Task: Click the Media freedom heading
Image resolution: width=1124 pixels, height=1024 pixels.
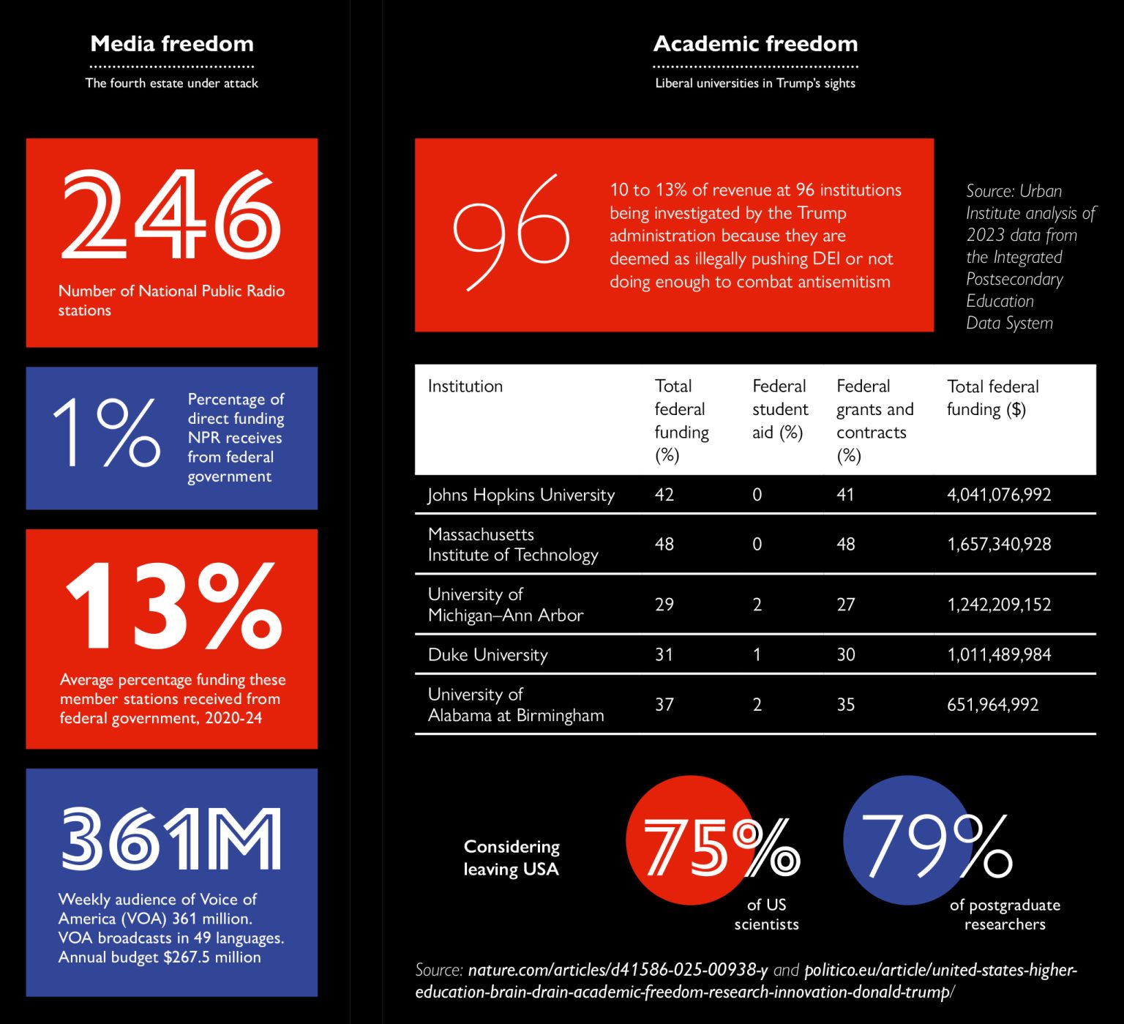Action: [172, 44]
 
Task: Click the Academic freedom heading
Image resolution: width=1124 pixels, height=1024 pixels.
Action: [755, 44]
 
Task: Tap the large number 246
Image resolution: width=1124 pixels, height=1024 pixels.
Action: [171, 214]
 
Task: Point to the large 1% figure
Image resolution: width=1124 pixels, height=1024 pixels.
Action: [107, 432]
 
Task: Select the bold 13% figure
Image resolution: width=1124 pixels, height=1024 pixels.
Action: [174, 606]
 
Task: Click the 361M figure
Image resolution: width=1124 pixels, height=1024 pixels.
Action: [171, 839]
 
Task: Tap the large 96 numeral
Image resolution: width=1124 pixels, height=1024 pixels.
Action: [511, 231]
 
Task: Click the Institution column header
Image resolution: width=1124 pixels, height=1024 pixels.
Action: [465, 386]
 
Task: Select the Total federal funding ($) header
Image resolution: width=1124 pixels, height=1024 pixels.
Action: [992, 397]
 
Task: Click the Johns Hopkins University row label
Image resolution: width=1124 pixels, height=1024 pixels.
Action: [521, 495]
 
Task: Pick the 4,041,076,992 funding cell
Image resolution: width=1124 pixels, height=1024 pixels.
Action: [999, 495]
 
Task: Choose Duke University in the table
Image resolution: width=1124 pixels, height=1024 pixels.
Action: [487, 654]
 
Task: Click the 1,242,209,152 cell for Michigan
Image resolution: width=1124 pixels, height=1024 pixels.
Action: [999, 605]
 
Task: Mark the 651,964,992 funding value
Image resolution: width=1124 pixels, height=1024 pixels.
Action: [992, 705]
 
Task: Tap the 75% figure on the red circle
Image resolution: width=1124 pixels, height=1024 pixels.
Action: [721, 848]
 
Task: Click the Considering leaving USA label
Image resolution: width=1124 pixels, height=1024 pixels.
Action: [512, 858]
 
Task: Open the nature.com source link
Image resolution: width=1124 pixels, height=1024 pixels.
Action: [618, 970]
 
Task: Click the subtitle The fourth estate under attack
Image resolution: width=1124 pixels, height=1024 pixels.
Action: [172, 83]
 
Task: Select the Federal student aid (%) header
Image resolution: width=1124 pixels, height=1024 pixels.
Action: [780, 409]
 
